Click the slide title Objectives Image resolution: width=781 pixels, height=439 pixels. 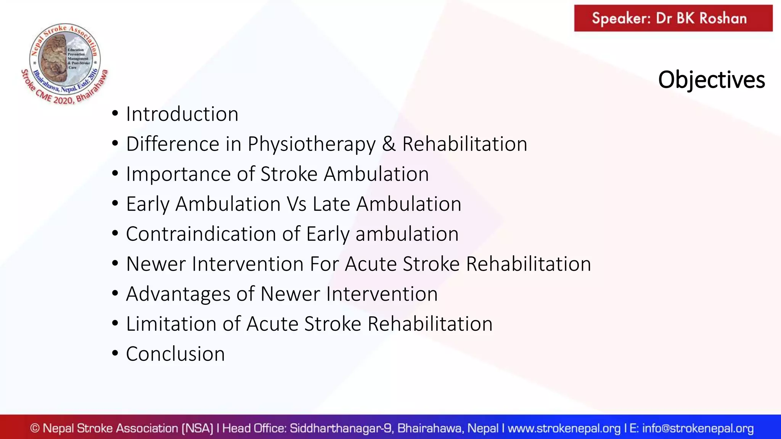pyautogui.click(x=711, y=80)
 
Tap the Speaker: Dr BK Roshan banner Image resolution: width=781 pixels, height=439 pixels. pyautogui.click(x=673, y=18)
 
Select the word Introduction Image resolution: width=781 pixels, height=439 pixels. pyautogui.click(x=182, y=114)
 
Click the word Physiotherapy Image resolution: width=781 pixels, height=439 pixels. pyautogui.click(x=312, y=144)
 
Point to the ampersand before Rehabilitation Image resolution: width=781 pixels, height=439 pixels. pyautogui.click(x=389, y=144)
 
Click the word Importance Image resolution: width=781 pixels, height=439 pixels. pyautogui.click(x=178, y=174)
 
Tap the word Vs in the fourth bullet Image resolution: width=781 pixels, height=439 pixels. pyautogui.click(x=297, y=204)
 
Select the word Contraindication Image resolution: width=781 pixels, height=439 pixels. pyautogui.click(x=201, y=234)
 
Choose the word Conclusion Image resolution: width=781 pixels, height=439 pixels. pyautogui.click(x=175, y=354)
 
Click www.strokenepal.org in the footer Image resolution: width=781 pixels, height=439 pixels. pyautogui.click(x=564, y=428)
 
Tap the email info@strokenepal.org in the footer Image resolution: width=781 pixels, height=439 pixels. pyautogui.click(x=698, y=428)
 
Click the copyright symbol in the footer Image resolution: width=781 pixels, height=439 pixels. pyautogui.click(x=35, y=428)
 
